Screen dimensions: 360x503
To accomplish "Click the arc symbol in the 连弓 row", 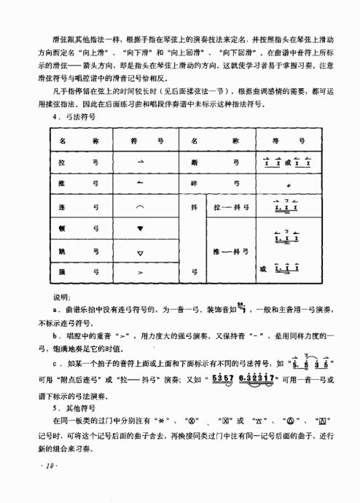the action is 140,208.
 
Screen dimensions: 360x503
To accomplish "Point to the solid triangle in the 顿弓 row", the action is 140,229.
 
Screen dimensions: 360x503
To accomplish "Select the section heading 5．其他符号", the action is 78,410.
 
